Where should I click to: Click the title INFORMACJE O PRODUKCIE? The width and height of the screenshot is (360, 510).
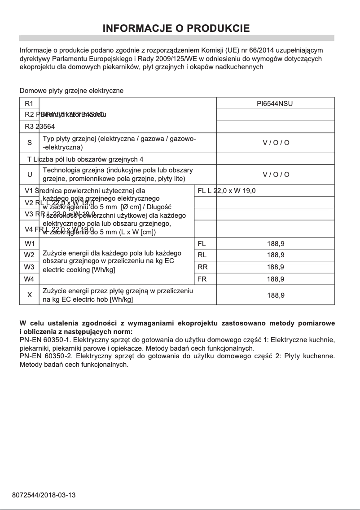tap(176, 29)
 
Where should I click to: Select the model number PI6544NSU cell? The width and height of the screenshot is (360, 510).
tap(275, 104)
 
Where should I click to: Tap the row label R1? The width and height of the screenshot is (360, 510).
tap(29, 104)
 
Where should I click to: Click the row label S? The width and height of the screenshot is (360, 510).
tap(29, 143)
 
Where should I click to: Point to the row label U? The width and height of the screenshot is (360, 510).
tap(29, 174)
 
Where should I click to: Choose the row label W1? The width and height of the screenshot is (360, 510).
tap(29, 244)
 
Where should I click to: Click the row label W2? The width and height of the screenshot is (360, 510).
tap(29, 255)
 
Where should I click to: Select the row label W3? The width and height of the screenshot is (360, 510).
tap(29, 267)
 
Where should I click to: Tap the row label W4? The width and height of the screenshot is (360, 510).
tap(29, 279)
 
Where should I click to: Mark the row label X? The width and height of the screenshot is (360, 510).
tap(29, 295)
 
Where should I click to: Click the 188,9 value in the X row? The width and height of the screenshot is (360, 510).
tap(275, 295)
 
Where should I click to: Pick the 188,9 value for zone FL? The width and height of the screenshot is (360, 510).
tap(275, 244)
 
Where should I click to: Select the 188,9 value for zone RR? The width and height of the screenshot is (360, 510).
tap(275, 267)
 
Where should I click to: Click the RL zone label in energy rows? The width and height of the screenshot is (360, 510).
tap(202, 255)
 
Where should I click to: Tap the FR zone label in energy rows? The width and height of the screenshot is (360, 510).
tap(202, 279)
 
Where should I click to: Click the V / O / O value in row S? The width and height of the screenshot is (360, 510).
tap(276, 143)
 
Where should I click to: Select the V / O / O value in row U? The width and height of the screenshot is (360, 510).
tap(276, 174)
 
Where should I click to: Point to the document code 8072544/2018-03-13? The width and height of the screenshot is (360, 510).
tap(44, 495)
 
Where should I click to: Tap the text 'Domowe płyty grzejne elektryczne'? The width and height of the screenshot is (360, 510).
tap(71, 91)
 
